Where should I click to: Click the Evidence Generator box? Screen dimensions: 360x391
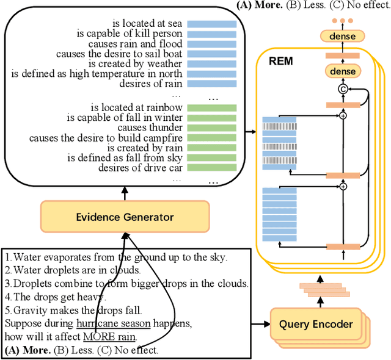tap(125, 217)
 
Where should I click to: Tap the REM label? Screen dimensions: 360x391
tap(280, 61)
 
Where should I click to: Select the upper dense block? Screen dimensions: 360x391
tap(342, 36)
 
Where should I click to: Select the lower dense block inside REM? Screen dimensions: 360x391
tap(342, 73)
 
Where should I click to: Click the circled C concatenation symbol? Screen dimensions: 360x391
tap(342, 90)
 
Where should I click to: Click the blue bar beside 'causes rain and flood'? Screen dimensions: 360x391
tap(212, 43)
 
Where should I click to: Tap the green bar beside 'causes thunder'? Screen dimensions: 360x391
tap(212, 127)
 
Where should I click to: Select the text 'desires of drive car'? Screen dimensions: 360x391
tap(139, 168)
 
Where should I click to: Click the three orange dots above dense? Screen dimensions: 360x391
tap(342, 20)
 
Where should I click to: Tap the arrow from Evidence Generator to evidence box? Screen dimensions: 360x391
tap(125, 193)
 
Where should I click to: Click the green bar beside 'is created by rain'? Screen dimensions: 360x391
tap(212, 147)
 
